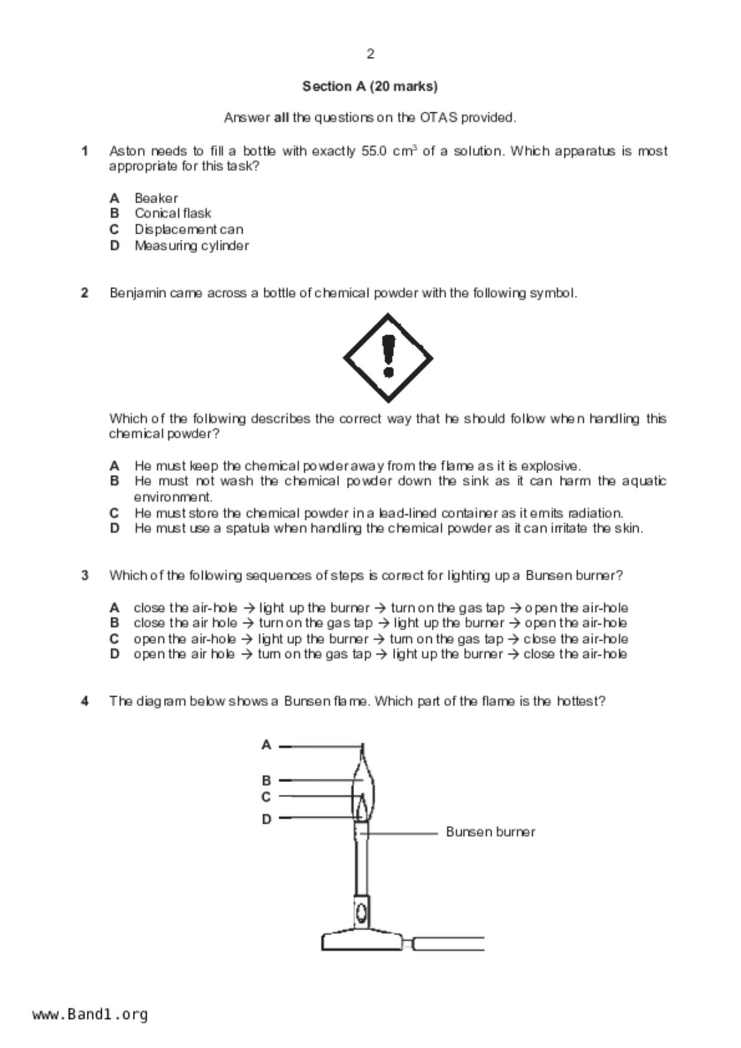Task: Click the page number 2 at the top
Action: click(370, 54)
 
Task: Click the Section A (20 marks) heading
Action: click(370, 87)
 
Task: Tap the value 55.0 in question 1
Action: click(374, 151)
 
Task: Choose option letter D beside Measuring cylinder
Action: click(115, 246)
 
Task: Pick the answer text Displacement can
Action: click(188, 229)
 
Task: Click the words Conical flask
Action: click(172, 213)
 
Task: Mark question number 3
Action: click(85, 576)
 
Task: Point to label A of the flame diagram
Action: click(266, 745)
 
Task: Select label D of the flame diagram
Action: click(266, 819)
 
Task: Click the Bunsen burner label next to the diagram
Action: click(490, 832)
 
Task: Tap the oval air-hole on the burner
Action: click(361, 912)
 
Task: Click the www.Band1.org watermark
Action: click(90, 1015)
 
